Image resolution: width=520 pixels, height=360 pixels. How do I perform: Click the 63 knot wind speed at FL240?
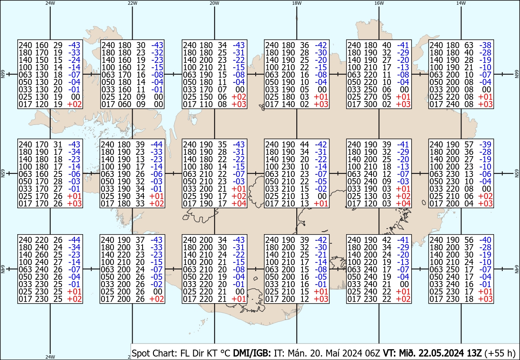(468, 45)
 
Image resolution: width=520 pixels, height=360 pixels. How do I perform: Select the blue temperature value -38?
(486, 45)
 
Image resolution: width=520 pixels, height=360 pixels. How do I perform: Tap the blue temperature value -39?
(486, 144)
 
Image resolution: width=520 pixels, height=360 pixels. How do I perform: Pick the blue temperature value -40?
(486, 240)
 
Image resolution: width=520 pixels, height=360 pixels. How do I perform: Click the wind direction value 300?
(371, 105)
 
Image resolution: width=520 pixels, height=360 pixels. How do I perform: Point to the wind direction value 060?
(124, 105)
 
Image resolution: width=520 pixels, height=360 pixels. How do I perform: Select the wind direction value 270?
(371, 97)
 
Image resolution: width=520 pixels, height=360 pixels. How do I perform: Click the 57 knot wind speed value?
(468, 144)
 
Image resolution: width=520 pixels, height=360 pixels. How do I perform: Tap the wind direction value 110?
(206, 105)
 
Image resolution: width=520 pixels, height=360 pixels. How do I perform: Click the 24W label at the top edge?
(50, 3)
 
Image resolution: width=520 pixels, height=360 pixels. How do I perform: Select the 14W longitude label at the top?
(461, 3)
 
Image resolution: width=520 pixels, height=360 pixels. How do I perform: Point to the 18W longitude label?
(297, 3)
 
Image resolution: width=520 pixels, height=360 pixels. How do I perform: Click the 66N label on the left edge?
(3, 74)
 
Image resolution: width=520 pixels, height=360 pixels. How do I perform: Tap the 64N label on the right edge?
(517, 269)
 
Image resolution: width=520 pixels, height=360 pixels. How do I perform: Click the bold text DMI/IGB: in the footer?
(252, 353)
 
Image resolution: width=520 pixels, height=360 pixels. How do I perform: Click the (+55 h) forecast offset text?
(500, 353)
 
